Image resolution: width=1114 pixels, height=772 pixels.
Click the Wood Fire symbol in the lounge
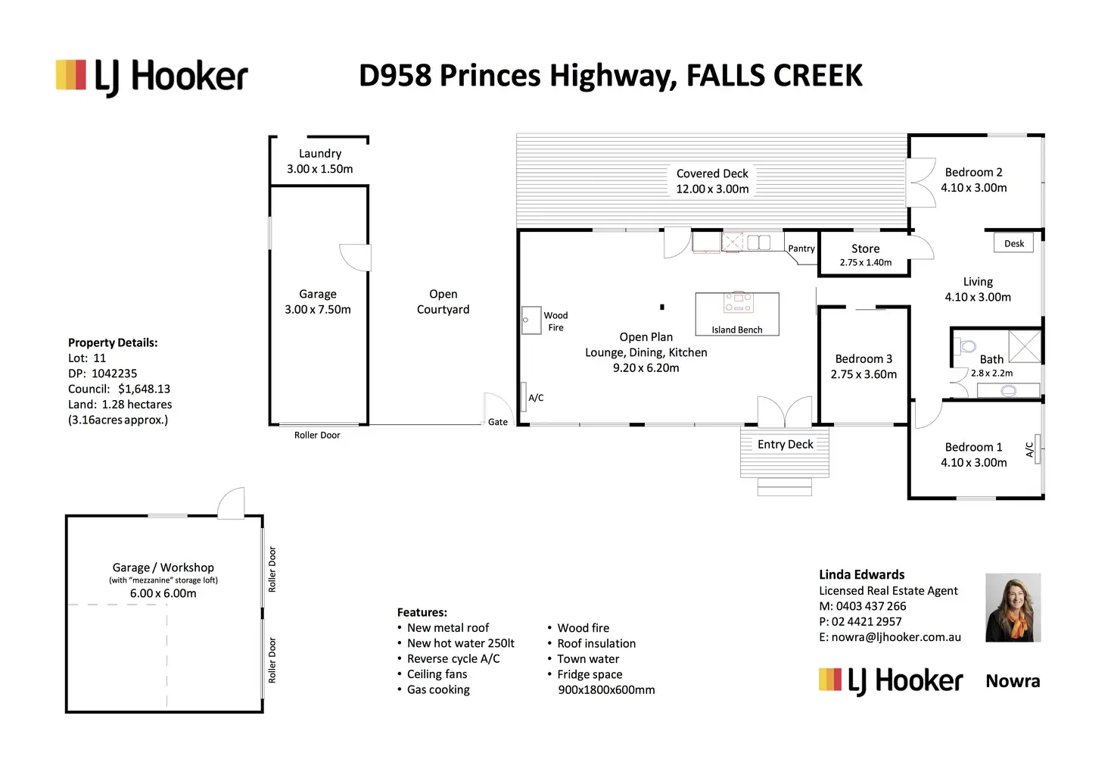click(531, 320)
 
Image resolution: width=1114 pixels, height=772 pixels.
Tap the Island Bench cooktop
click(739, 302)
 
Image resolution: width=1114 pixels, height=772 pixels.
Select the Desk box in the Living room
click(1013, 243)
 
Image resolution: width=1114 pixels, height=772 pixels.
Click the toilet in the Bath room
click(966, 345)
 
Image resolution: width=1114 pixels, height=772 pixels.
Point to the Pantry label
click(801, 248)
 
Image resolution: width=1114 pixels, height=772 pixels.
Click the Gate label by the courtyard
click(498, 422)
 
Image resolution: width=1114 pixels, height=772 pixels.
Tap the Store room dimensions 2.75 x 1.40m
click(865, 262)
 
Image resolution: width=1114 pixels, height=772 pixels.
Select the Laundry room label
click(320, 153)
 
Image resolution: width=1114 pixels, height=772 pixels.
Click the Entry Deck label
click(786, 445)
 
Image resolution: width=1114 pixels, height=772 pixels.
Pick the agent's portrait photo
click(1013, 608)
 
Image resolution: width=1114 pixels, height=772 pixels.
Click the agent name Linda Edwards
click(862, 574)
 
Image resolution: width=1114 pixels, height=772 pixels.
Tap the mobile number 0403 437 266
click(871, 606)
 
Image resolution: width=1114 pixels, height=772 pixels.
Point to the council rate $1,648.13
click(145, 389)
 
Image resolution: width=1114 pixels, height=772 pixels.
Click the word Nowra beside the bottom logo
click(1013, 681)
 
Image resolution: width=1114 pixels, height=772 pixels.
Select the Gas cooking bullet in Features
click(433, 689)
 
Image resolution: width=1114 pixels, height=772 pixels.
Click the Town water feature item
click(583, 659)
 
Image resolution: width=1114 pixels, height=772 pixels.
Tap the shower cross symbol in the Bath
click(1025, 346)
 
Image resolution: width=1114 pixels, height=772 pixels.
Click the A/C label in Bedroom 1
click(1029, 449)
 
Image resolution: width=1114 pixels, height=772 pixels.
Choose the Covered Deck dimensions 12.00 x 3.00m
click(712, 189)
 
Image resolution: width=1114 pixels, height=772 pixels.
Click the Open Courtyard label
click(443, 302)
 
